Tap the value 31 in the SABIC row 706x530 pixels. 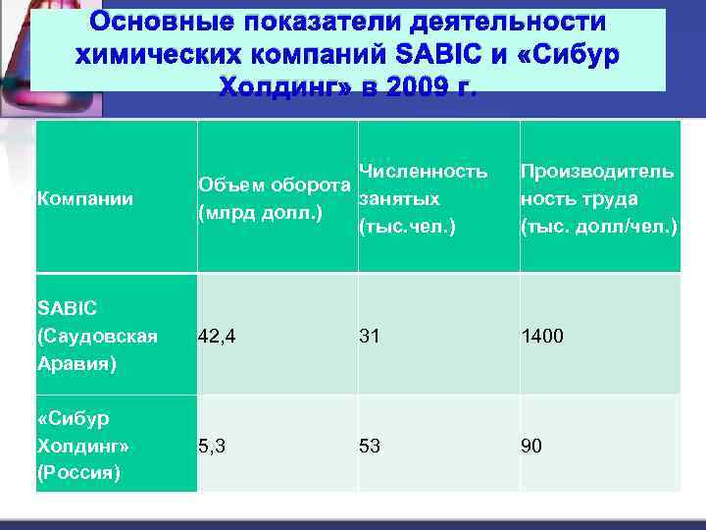[x=370, y=337]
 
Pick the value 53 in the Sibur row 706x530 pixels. [x=370, y=447]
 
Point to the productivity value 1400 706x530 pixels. [x=542, y=337]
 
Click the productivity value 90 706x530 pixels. [x=531, y=447]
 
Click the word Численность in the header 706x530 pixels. [x=423, y=172]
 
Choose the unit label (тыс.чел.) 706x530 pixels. [x=408, y=227]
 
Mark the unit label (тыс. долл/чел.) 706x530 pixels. [x=599, y=227]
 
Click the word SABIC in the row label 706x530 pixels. [x=67, y=308]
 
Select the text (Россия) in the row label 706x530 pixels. [x=78, y=473]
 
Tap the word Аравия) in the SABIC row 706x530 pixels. [x=75, y=364]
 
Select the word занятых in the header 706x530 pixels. [x=399, y=199]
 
